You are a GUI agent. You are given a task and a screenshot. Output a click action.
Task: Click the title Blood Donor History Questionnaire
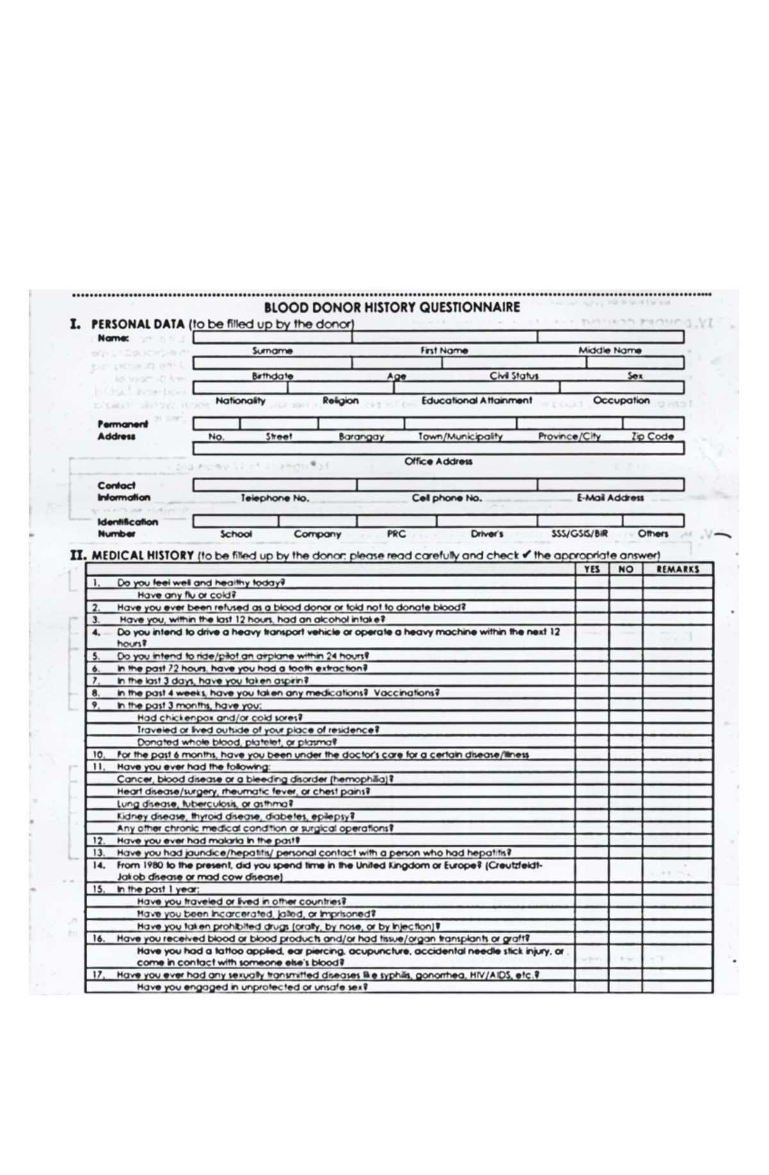[x=392, y=307]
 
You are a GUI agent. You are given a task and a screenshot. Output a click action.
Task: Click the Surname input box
[x=272, y=337]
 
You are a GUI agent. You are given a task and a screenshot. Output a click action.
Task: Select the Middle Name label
[x=609, y=350]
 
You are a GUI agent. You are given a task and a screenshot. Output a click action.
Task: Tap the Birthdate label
[x=272, y=376]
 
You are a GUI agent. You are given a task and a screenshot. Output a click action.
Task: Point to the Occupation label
[x=621, y=400]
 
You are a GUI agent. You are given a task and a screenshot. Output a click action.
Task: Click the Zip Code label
[x=652, y=436]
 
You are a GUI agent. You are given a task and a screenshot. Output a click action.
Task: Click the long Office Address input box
[x=438, y=448]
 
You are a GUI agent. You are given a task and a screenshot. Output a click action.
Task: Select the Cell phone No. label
[x=447, y=498]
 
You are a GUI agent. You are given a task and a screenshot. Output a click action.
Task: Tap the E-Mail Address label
[x=610, y=498]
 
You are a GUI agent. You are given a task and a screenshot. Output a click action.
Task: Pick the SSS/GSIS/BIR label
[x=579, y=533]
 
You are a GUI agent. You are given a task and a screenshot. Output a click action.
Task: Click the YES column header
[x=591, y=569]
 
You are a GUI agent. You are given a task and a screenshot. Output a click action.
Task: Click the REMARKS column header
[x=678, y=569]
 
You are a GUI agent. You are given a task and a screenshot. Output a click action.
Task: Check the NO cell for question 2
[x=625, y=607]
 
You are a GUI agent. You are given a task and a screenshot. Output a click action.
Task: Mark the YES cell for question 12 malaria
[x=591, y=840]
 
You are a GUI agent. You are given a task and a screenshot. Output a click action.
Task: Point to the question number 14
[x=99, y=865]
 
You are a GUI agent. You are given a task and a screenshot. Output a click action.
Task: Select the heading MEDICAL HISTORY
[x=142, y=555]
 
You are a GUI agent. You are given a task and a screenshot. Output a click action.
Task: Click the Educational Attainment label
[x=476, y=400]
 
